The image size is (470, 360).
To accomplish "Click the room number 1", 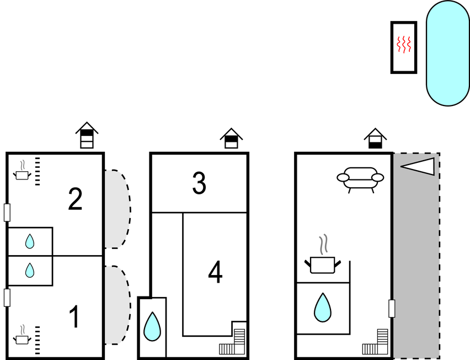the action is pos(74,317).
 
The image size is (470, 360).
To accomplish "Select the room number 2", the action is pos(75,199).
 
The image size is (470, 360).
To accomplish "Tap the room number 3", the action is pos(199,183).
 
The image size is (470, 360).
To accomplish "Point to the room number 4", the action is pos(215,272).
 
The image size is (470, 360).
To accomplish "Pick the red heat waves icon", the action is pos(404,45).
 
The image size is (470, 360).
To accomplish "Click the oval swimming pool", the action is pos(448,53).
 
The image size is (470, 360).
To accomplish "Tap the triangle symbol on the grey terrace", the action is pos(418,167).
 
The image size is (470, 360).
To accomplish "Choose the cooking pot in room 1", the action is pos(22,335).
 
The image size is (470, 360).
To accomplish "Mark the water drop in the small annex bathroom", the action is pos(152,326).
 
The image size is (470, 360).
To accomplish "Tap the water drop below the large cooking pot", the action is pos(323,308).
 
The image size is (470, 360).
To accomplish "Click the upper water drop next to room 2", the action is pos(30,241).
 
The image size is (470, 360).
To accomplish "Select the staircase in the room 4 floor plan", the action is pos(232,342).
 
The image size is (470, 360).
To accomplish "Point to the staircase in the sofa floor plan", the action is pos(375,342).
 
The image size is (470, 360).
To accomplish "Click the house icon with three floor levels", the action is pos(87,135).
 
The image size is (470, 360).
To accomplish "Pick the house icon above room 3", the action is pos(231,138).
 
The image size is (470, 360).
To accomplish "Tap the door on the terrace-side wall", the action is pos(392,309).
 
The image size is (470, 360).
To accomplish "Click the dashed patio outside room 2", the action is pos(117,209).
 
